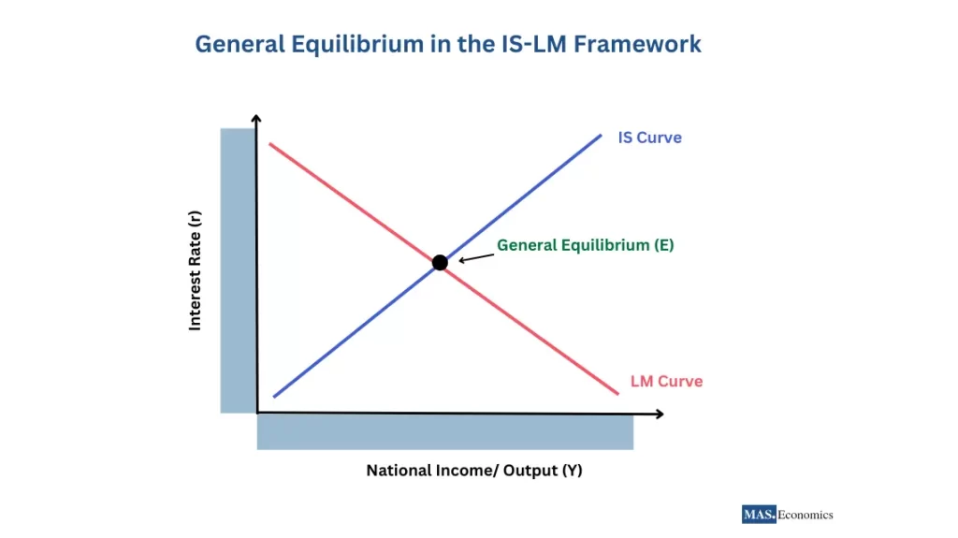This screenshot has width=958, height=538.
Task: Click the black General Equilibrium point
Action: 440,262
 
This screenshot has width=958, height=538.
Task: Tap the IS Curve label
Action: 649,138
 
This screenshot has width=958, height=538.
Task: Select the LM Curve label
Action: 666,382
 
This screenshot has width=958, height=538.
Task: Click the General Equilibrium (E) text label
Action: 585,245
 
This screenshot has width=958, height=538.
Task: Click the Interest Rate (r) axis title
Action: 196,269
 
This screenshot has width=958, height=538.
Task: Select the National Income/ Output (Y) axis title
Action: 473,471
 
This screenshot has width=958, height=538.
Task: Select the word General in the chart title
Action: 237,44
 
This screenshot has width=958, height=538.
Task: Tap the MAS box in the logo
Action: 759,515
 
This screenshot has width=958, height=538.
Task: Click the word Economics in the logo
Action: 806,515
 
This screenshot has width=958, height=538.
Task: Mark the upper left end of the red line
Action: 269,143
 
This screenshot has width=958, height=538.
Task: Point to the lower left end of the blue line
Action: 273,397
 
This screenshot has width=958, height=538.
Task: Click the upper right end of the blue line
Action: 600,136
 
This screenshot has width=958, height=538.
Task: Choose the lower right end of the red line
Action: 618,394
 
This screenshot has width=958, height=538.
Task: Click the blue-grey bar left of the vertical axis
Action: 238,269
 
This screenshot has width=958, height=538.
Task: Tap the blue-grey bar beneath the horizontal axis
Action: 444,432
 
